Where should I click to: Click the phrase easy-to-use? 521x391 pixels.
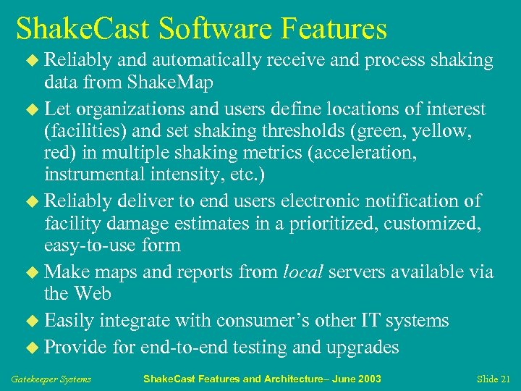click(91, 245)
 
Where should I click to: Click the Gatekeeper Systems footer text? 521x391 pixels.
click(51, 379)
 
